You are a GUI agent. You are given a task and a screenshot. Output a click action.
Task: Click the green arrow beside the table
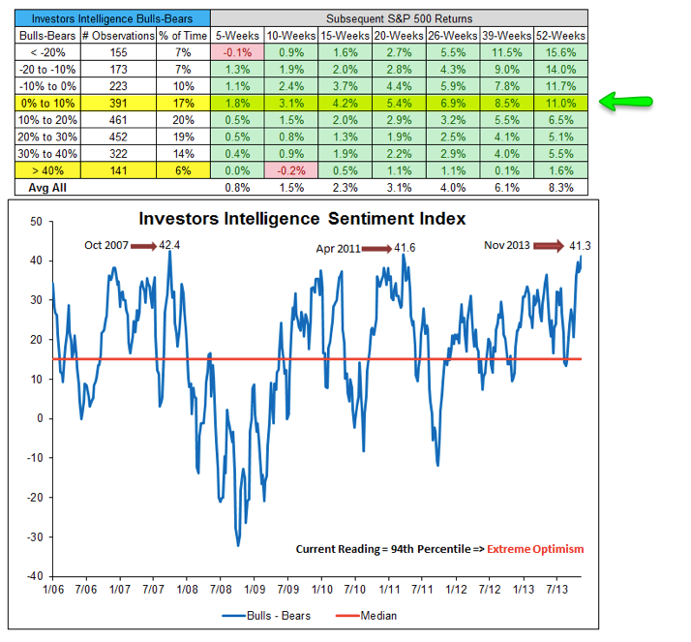[628, 99]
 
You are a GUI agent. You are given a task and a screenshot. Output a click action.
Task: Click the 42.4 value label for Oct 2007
[170, 246]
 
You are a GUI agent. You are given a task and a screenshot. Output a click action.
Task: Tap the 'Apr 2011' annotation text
[339, 248]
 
